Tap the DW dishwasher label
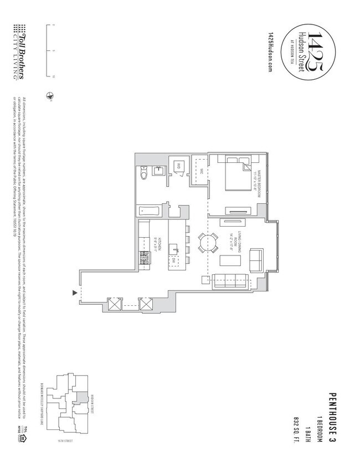173,259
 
